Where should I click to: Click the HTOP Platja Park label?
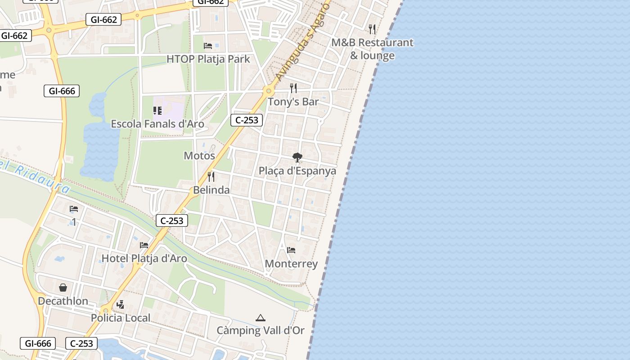tap(208, 59)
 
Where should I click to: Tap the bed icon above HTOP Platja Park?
tap(208, 45)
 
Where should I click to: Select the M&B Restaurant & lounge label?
tap(372, 49)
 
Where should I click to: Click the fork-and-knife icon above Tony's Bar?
tap(293, 88)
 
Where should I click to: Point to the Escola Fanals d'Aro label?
tap(157, 124)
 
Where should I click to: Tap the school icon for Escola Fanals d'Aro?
tap(157, 110)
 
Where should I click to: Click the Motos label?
tap(199, 156)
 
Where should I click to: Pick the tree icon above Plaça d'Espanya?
tap(297, 157)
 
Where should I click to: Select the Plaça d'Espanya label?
tap(297, 171)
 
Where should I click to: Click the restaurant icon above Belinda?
tap(211, 176)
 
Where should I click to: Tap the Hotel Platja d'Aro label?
tap(144, 259)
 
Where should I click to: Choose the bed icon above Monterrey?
tap(291, 250)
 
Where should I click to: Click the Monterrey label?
tap(291, 264)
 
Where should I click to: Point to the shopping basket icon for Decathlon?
tap(63, 287)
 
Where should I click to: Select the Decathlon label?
tap(63, 301)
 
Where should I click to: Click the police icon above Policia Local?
tap(120, 305)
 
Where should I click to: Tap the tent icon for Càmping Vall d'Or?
tap(261, 318)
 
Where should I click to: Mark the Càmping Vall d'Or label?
tap(261, 331)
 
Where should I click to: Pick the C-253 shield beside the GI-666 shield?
tap(81, 344)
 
